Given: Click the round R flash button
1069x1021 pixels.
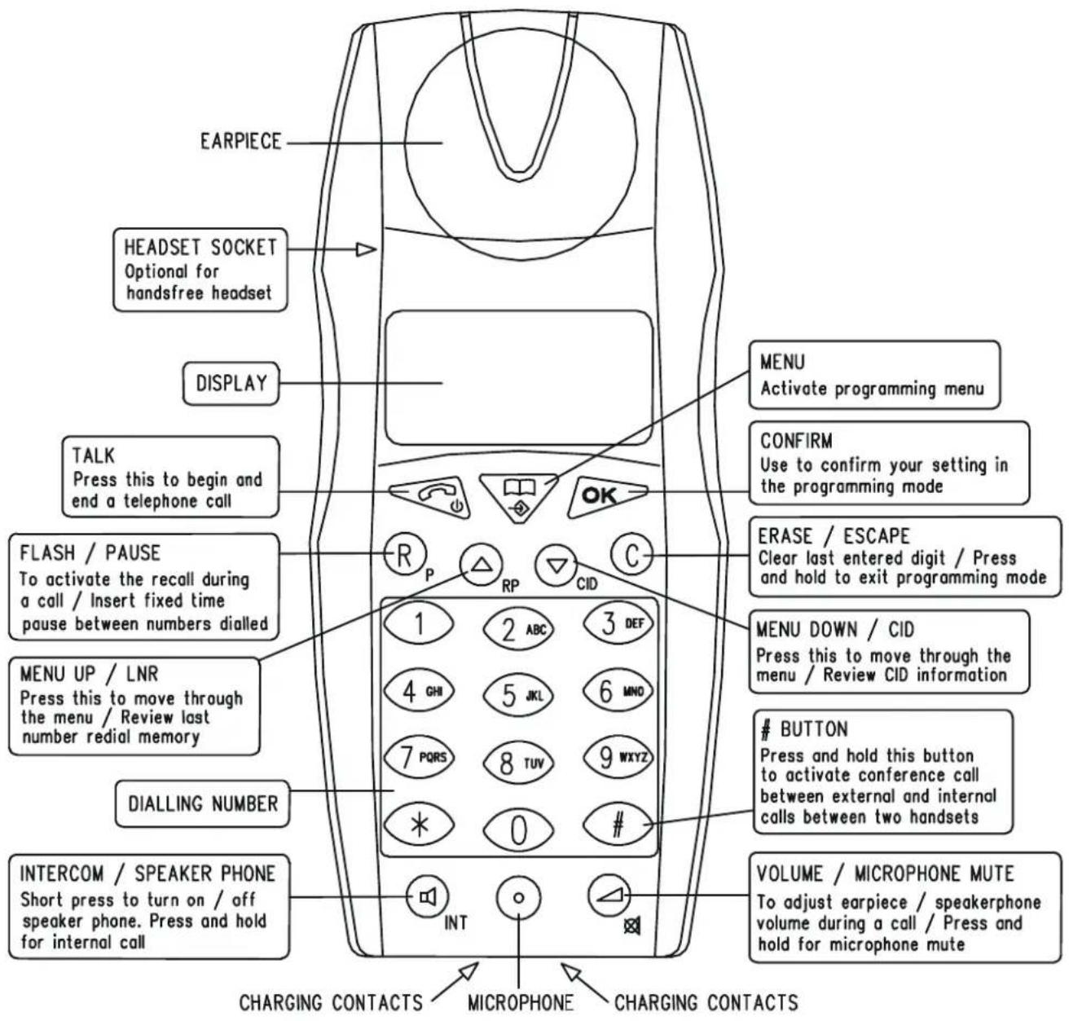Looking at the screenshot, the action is tap(405, 554).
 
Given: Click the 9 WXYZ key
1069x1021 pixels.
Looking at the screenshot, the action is tap(618, 758).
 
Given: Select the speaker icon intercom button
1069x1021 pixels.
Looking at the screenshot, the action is tap(428, 897).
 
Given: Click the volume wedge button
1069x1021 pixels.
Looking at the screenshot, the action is tap(609, 896).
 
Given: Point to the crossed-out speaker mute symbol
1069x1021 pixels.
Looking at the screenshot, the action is tap(632, 927).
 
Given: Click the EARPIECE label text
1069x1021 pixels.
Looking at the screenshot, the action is tap(240, 142).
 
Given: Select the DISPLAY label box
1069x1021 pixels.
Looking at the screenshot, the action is tap(231, 383).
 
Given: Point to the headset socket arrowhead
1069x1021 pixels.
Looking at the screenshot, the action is tap(367, 249).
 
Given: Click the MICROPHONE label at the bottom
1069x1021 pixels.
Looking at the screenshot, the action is tap(520, 1003).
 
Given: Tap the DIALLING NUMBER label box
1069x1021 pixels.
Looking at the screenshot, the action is tap(202, 804).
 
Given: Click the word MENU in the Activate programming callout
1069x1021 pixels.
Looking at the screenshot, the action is tap(782, 362).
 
